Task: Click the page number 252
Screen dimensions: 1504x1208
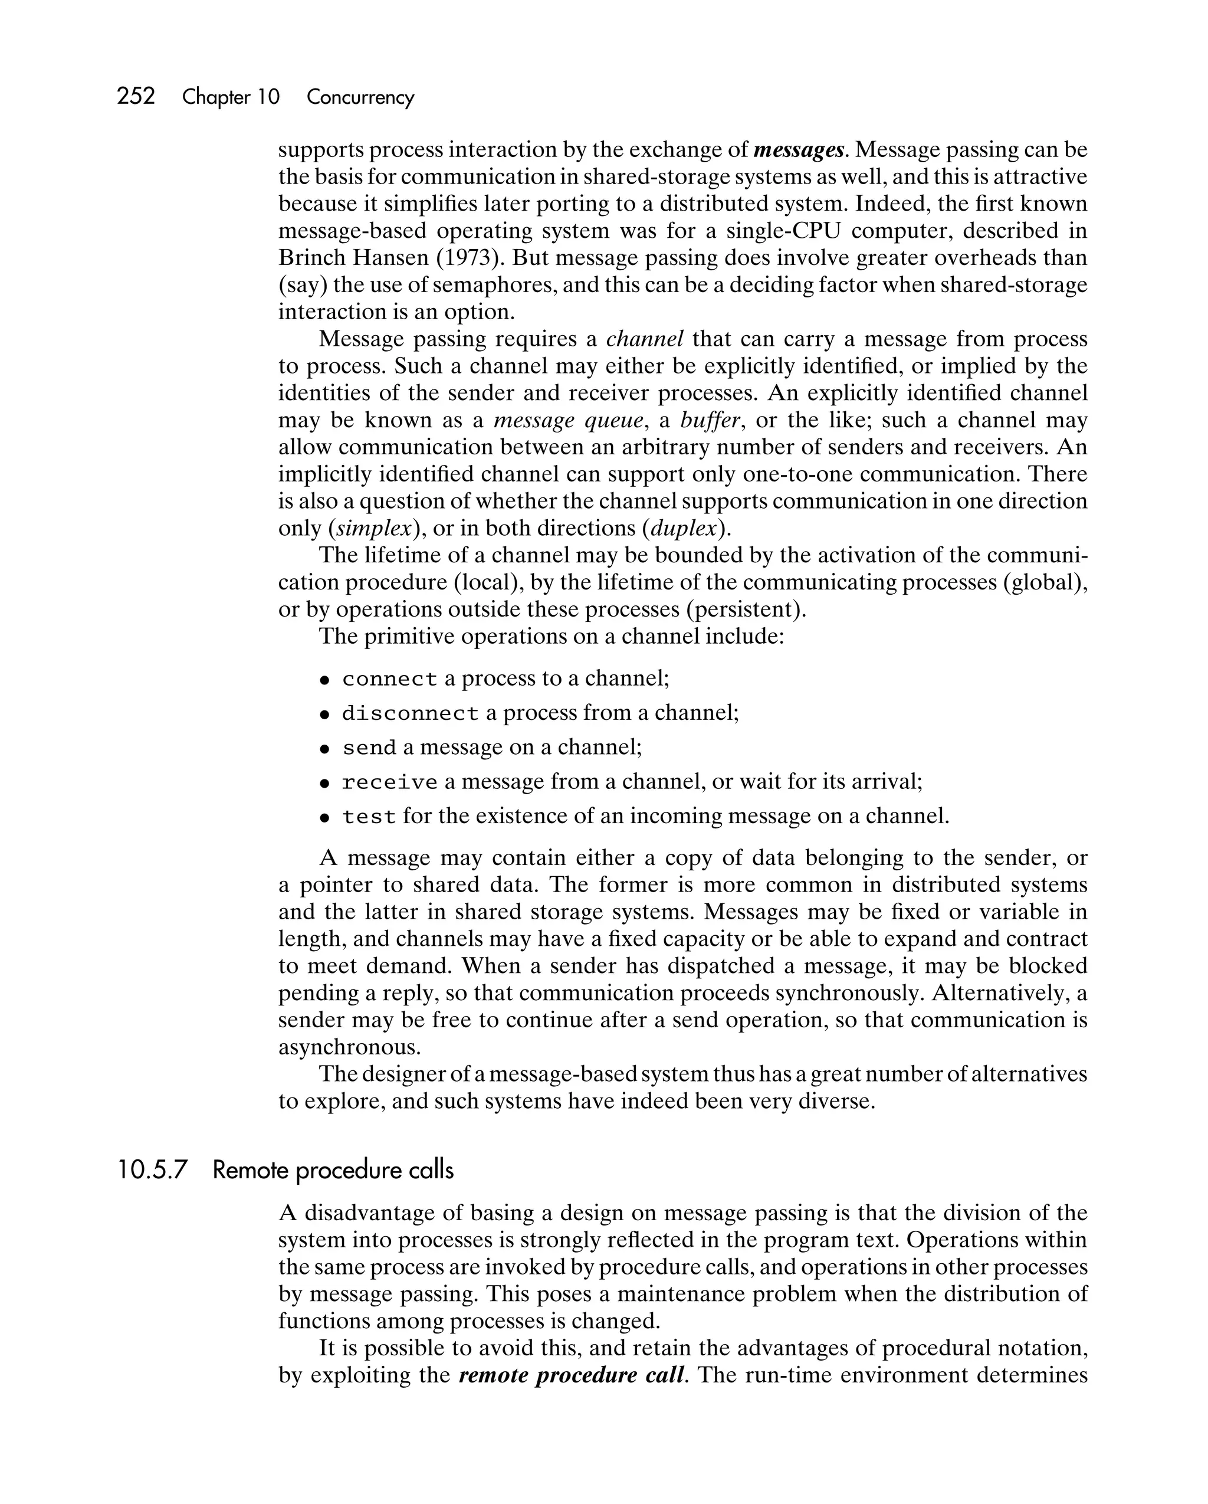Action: point(136,96)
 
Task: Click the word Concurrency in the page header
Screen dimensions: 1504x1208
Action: point(360,97)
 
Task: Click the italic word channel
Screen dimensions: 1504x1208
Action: point(645,340)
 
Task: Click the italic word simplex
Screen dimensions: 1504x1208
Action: point(374,529)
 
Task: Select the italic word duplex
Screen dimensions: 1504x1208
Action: point(684,529)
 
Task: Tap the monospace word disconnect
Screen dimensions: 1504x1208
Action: point(410,713)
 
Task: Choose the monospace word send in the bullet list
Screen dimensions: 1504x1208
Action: point(369,748)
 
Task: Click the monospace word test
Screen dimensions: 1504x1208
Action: point(369,817)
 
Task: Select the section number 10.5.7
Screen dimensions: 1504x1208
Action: point(153,1170)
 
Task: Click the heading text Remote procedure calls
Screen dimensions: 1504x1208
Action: point(333,1170)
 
